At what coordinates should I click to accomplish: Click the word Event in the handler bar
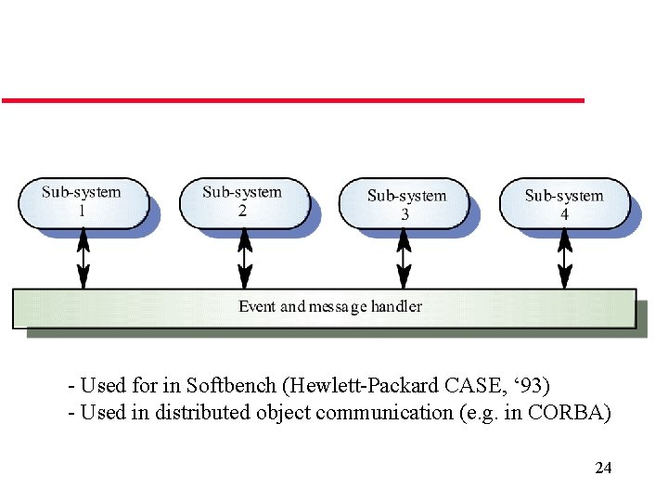tap(257, 306)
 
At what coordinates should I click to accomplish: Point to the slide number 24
tap(603, 468)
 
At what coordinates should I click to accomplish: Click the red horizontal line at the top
tap(292, 99)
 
